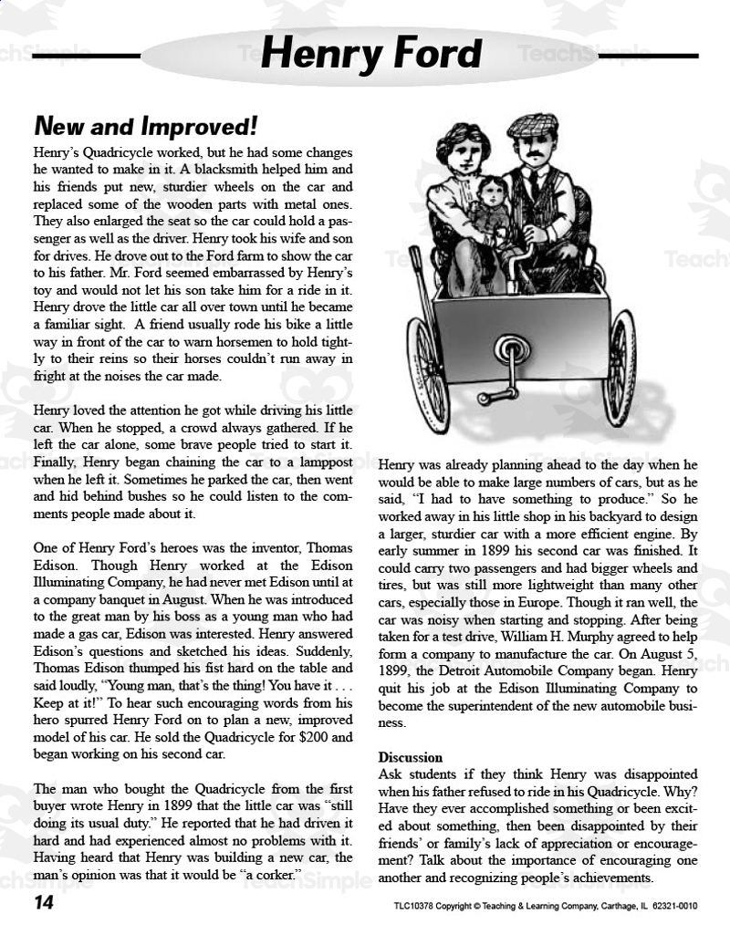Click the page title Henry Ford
tap(370, 55)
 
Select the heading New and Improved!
tap(146, 126)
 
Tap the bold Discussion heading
tap(410, 757)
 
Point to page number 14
tap(44, 903)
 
